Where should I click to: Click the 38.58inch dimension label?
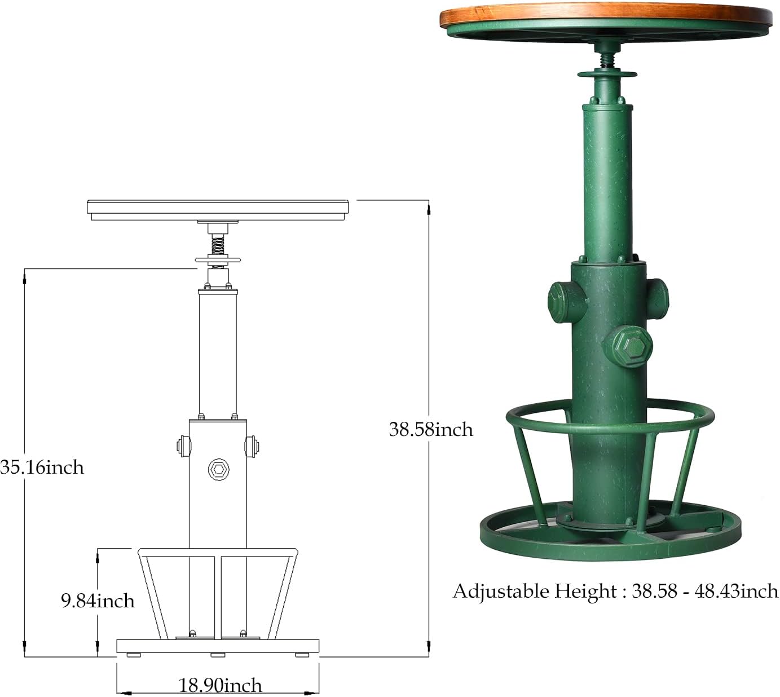click(x=431, y=430)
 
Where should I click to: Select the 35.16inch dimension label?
click(x=42, y=467)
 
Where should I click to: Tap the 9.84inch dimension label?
click(x=98, y=601)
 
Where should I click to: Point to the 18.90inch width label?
click(x=221, y=685)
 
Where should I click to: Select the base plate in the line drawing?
click(x=218, y=646)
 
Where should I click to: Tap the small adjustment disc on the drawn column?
click(x=218, y=260)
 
